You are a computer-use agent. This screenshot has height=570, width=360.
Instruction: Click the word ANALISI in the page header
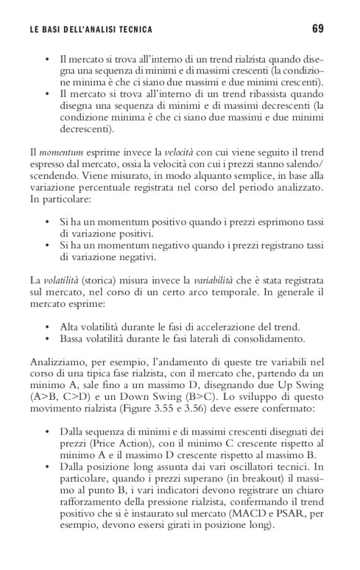[x=101, y=29]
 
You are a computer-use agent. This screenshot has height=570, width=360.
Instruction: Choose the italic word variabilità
[x=215, y=283]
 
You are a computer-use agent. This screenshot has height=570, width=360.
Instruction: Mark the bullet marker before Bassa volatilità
[x=48, y=338]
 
